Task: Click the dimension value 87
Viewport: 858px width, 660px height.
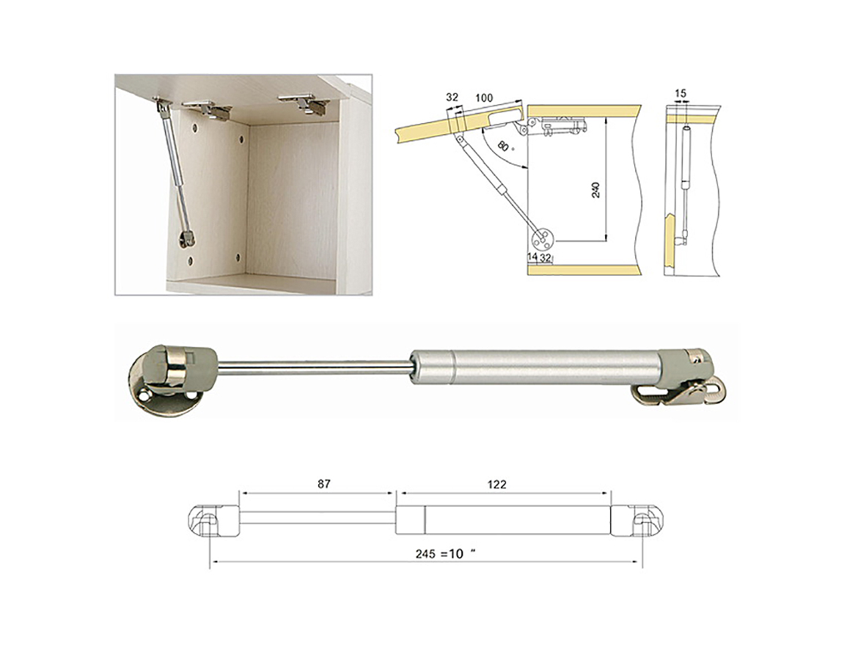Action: (324, 484)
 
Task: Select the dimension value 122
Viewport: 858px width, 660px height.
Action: (496, 484)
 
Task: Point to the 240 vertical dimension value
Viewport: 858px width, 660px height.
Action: (596, 189)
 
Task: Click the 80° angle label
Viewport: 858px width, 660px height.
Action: (505, 147)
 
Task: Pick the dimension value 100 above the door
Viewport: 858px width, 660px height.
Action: (484, 98)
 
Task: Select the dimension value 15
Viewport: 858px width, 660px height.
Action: (680, 93)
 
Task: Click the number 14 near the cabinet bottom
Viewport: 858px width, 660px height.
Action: (532, 257)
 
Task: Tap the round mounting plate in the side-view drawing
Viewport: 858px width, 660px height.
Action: (543, 238)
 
